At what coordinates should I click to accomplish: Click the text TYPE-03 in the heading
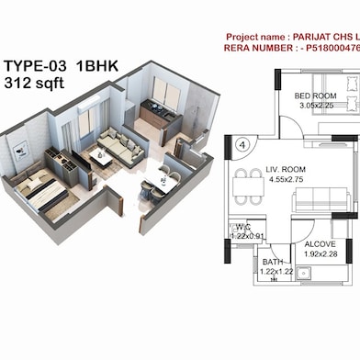pyautogui.click(x=34, y=66)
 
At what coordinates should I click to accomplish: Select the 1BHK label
pyautogui.click(x=98, y=66)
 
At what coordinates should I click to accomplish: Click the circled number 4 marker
pyautogui.click(x=242, y=144)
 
